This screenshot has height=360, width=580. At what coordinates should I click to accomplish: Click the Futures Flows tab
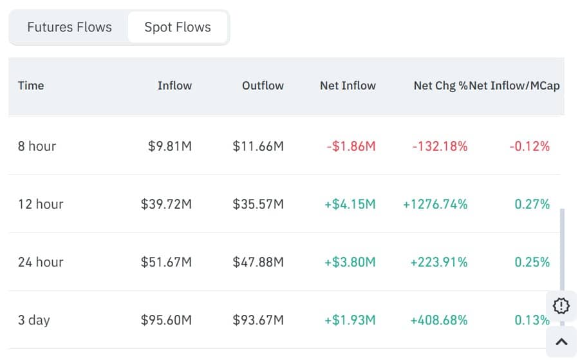[x=70, y=27]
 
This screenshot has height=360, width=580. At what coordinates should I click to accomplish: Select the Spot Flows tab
[x=178, y=27]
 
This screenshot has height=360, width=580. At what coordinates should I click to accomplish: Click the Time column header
[x=31, y=85]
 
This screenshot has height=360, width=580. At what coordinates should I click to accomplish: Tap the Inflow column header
[x=174, y=85]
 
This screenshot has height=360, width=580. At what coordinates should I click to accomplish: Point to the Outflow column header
[x=263, y=85]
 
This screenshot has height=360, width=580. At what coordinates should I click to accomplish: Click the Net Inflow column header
[x=348, y=85]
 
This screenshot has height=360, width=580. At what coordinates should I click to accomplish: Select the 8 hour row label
[x=37, y=146]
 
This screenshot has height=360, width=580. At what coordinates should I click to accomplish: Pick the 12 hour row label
[x=40, y=204]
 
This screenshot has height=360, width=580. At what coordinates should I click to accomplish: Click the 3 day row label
[x=33, y=320]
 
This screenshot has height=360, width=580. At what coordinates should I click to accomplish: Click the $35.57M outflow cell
[x=258, y=204]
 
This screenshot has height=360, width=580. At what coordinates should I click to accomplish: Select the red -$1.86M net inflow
[x=351, y=146]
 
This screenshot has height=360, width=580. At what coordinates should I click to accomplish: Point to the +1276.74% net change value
[x=435, y=204]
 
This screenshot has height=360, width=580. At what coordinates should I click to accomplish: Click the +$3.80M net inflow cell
[x=350, y=262]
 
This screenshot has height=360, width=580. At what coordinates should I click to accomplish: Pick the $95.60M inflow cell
[x=166, y=320]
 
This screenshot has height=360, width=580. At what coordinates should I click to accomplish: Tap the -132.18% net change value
[x=440, y=146]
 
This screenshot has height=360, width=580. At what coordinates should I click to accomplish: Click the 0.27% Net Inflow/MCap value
[x=532, y=204]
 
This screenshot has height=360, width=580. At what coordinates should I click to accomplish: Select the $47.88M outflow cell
[x=258, y=262]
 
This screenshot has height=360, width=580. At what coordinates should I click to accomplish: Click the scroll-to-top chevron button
[x=561, y=342]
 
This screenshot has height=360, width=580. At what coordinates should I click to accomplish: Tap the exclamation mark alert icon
[x=561, y=306]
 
